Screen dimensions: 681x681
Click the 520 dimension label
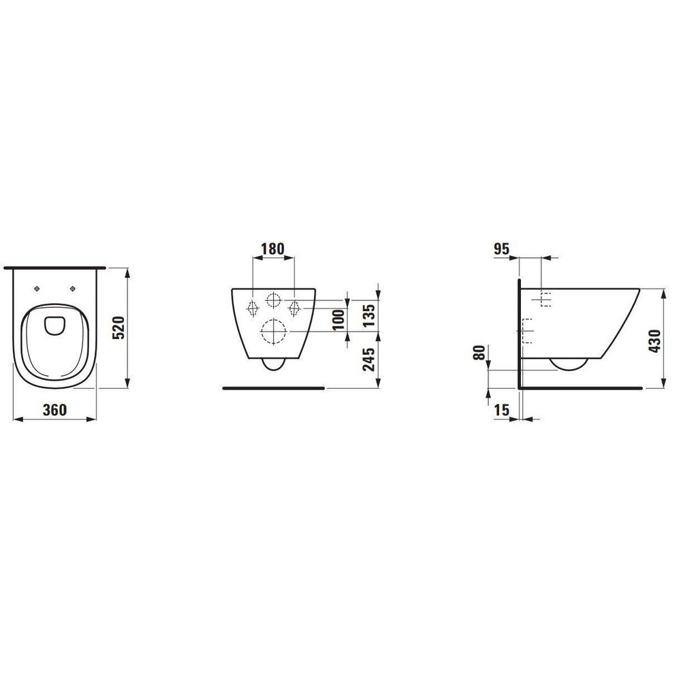pos(118,328)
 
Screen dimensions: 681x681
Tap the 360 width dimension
pos(54,409)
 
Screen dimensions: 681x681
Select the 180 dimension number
pos(272,249)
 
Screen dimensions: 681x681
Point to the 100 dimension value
pos(338,319)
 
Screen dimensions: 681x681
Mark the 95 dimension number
pos(501,249)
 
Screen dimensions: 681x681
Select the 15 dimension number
pos(502,409)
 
